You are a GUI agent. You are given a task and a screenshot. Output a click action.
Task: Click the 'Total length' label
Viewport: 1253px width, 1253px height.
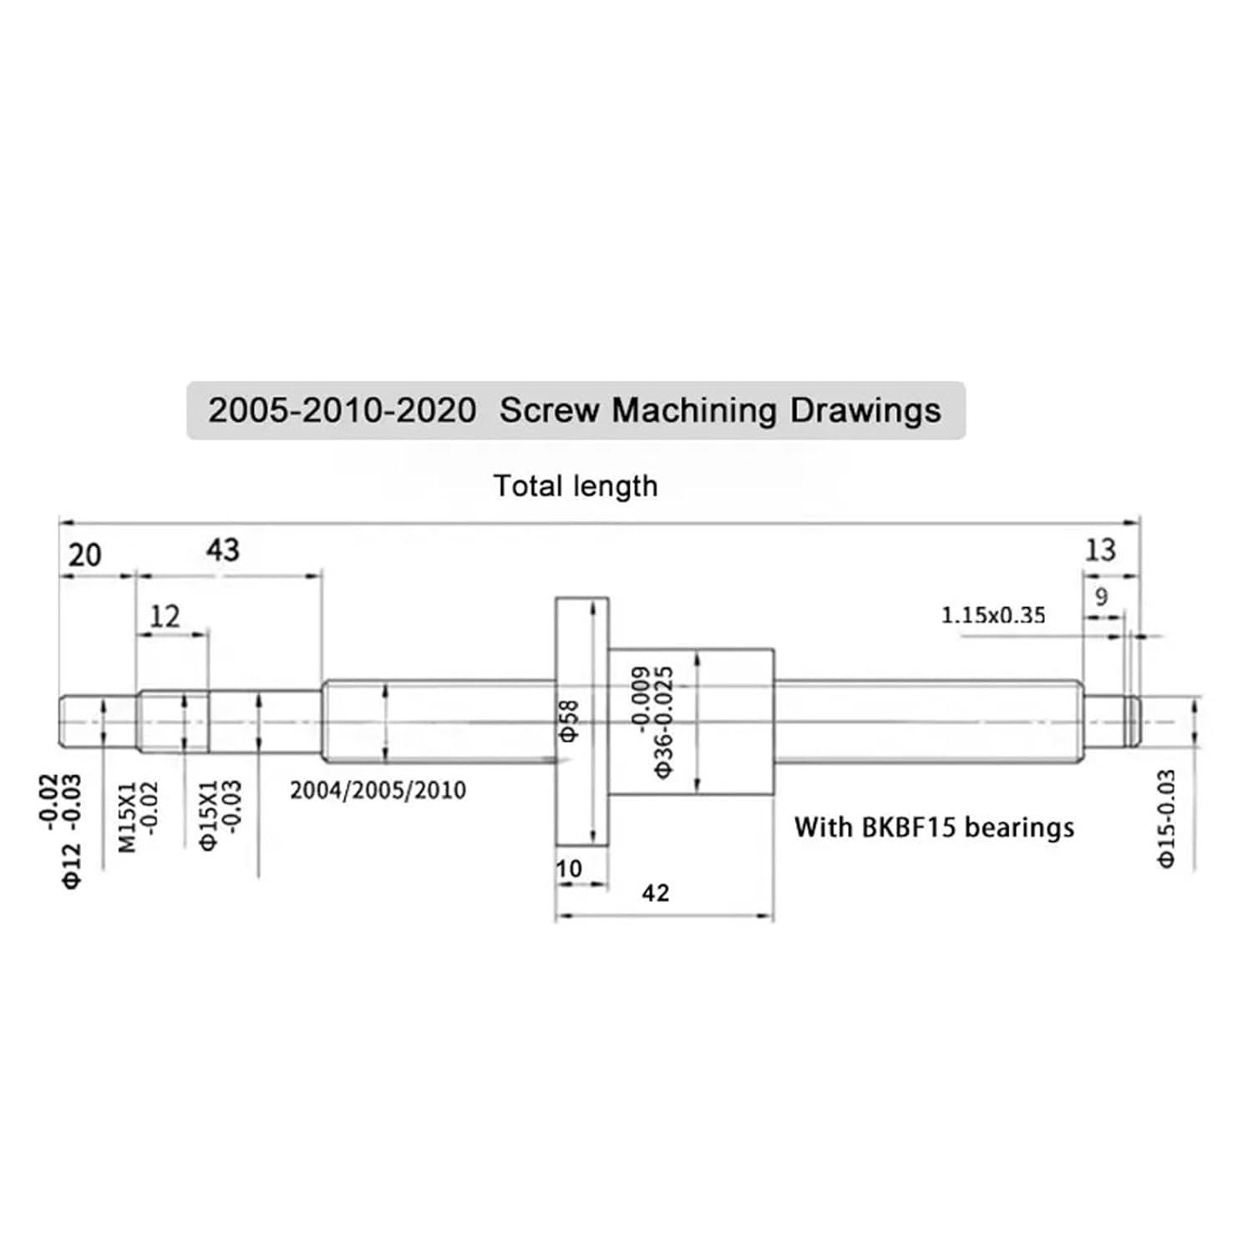click(575, 486)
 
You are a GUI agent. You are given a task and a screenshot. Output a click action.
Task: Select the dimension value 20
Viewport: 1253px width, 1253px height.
click(84, 555)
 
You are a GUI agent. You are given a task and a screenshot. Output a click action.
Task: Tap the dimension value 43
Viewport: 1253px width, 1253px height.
click(222, 550)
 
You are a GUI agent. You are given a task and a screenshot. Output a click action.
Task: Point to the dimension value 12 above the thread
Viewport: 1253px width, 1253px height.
click(165, 616)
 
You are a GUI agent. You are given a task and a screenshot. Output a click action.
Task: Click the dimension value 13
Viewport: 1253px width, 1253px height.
click(1100, 550)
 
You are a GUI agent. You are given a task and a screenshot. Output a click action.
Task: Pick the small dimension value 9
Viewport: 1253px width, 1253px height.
click(1101, 596)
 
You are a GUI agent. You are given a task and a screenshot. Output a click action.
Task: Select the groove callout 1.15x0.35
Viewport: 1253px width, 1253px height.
click(993, 616)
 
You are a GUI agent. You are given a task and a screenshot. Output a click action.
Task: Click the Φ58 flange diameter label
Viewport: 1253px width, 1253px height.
click(569, 721)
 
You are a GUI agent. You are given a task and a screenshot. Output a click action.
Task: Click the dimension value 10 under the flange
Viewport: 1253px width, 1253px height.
click(569, 869)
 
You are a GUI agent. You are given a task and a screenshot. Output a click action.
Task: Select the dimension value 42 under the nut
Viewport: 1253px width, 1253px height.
click(656, 893)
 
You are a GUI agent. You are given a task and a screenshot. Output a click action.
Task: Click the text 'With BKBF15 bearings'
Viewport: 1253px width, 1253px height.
click(934, 827)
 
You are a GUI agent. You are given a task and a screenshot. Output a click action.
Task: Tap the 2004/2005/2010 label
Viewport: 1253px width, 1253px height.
click(378, 790)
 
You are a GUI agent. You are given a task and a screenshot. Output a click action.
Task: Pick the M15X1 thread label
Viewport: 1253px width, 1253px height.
click(127, 817)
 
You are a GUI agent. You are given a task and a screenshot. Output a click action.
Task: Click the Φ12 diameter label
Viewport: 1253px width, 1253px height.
click(73, 865)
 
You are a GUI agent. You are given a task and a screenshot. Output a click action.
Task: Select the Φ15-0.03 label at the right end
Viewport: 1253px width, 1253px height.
click(1167, 819)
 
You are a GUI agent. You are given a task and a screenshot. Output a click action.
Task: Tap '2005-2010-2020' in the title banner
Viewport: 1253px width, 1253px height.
click(342, 411)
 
